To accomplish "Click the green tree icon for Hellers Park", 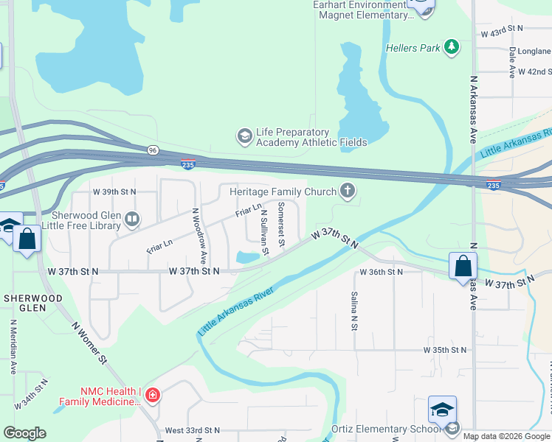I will pyautogui.click(x=452, y=48).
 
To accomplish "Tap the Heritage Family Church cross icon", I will pyautogui.click(x=348, y=192).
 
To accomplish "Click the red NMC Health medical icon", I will pyautogui.click(x=153, y=396).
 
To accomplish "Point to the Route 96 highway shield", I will pyautogui.click(x=152, y=150).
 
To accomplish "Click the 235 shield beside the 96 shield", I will pyautogui.click(x=188, y=164).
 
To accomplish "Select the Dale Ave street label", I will pyautogui.click(x=511, y=63).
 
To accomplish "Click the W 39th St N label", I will pyautogui.click(x=114, y=192).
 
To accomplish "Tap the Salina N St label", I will pyautogui.click(x=354, y=309).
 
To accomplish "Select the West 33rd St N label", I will pyautogui.click(x=193, y=430).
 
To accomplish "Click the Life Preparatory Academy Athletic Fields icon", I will pyautogui.click(x=244, y=136).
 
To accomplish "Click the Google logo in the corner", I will pyautogui.click(x=24, y=433).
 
